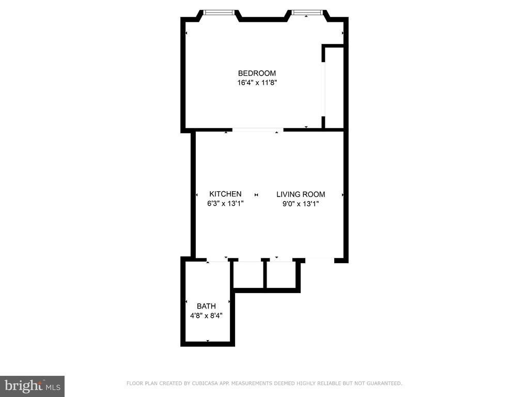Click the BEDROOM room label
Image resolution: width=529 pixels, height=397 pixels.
(x=257, y=73)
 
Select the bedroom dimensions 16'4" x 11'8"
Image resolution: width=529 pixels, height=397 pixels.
(x=257, y=83)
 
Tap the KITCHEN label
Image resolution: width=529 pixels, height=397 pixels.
(x=225, y=194)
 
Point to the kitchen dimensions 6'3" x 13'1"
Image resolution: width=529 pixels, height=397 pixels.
(x=225, y=204)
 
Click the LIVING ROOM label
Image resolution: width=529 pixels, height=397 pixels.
(x=301, y=194)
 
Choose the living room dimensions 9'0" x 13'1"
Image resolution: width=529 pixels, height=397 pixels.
(x=301, y=204)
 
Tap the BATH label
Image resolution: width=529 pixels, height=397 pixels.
(x=206, y=306)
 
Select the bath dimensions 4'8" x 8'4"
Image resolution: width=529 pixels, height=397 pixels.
(x=206, y=316)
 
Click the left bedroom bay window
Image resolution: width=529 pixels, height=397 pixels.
(x=219, y=13)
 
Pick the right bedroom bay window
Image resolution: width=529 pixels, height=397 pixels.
(x=307, y=13)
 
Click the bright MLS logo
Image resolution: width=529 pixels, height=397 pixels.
(x=32, y=386)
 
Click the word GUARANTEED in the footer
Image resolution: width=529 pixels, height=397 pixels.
(x=384, y=384)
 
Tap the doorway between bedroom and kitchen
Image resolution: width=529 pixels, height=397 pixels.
(x=258, y=129)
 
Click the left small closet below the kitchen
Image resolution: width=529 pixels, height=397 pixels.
(x=248, y=274)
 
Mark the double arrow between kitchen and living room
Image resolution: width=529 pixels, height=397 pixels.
(x=256, y=195)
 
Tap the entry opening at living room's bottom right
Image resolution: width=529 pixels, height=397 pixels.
(x=320, y=260)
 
